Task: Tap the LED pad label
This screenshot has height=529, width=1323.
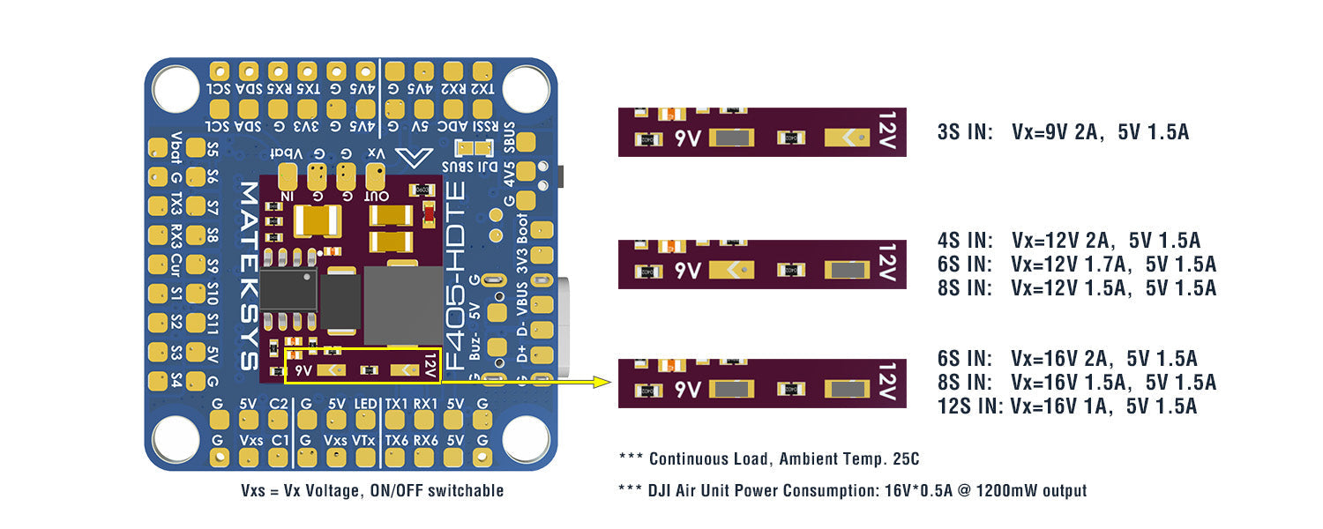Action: [x=365, y=404]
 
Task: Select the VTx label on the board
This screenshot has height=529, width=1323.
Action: [x=365, y=439]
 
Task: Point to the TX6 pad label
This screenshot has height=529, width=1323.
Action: [x=394, y=439]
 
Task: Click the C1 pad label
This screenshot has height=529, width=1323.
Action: [x=279, y=439]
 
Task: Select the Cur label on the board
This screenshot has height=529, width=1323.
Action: [x=176, y=264]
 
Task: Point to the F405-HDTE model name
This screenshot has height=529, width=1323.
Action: [x=455, y=282]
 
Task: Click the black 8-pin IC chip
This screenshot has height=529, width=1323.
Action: [x=288, y=289]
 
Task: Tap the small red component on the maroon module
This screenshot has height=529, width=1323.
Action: [x=430, y=213]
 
